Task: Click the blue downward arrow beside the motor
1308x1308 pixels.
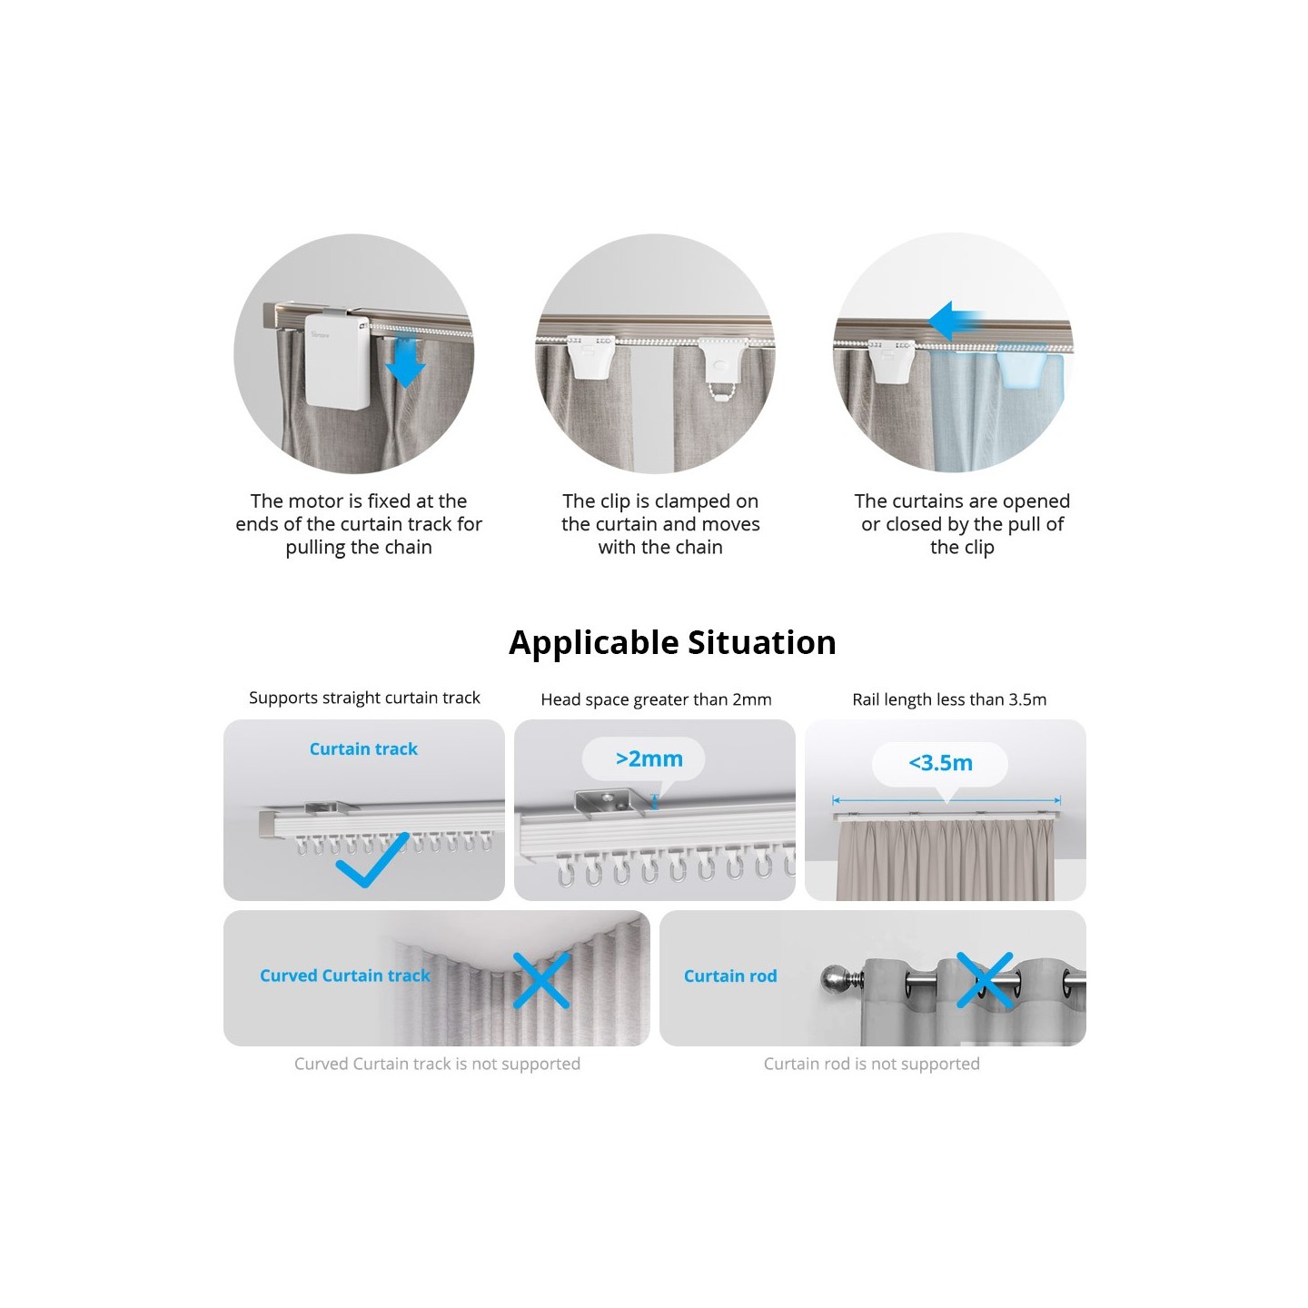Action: (405, 362)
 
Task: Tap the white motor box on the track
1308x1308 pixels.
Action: (337, 361)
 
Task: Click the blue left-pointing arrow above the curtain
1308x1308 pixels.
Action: (955, 321)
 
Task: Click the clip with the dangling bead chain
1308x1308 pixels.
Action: (723, 363)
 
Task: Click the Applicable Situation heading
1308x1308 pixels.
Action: (672, 642)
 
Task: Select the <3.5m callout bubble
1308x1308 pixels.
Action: (940, 763)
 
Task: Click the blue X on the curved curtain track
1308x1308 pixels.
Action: (541, 980)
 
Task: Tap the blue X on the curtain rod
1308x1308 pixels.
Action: (985, 980)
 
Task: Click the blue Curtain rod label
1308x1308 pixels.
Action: (730, 976)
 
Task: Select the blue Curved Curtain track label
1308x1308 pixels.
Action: (345, 976)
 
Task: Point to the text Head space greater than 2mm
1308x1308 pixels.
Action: (656, 699)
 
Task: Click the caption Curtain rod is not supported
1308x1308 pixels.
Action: (871, 1064)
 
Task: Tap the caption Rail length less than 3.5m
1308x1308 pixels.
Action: (949, 699)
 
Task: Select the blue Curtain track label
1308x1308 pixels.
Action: (363, 749)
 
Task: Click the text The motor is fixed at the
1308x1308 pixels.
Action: (359, 501)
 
